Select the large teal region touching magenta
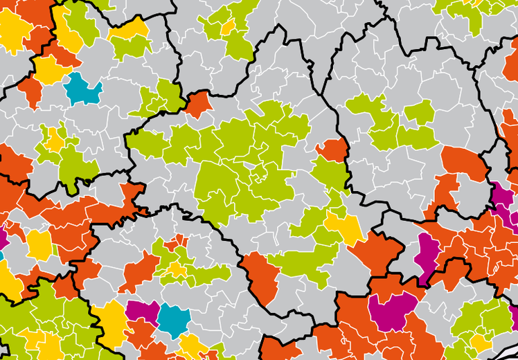173,318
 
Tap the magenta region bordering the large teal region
143,312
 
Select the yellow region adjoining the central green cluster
344,226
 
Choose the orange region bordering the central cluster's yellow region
377,253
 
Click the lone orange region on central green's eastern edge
333,149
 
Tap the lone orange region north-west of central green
198,104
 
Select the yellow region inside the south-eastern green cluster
480,341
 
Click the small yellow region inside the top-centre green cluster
228,28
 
